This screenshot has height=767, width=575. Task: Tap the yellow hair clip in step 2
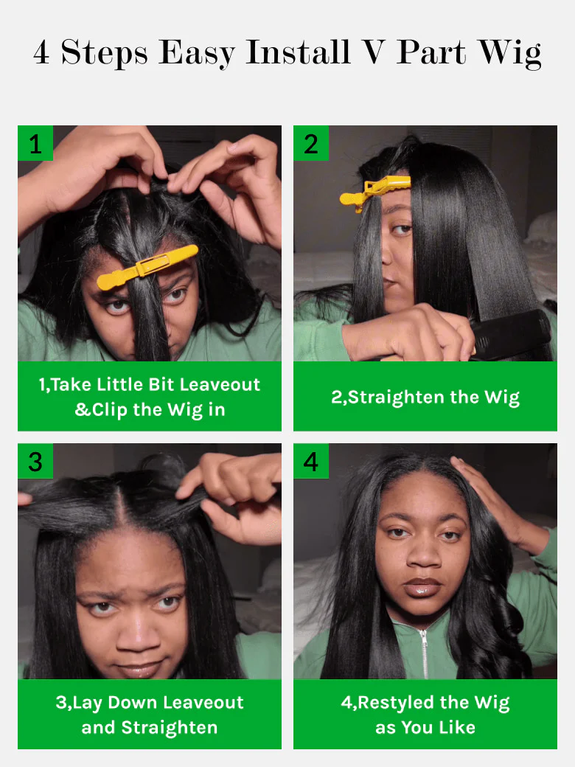(x=375, y=192)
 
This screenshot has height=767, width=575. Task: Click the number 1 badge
(x=35, y=143)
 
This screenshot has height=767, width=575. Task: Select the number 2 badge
(x=311, y=143)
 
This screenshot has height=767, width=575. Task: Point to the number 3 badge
(x=35, y=461)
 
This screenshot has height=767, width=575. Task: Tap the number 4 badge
(x=311, y=461)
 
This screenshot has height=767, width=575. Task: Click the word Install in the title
(x=298, y=52)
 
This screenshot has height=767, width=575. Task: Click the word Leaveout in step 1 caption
(x=220, y=384)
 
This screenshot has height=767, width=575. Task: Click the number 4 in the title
(x=41, y=52)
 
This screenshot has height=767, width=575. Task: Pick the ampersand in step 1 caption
(x=83, y=409)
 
